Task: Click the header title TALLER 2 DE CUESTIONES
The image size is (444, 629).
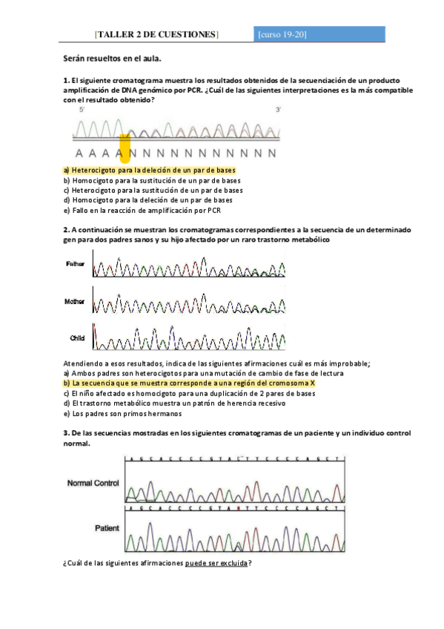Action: coord(156,34)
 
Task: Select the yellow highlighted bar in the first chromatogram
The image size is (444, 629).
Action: coord(125,148)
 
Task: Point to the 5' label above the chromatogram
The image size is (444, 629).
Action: coord(82,110)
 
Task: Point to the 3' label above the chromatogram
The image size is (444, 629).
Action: coord(278,110)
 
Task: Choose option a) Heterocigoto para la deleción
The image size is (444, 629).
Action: coord(150,170)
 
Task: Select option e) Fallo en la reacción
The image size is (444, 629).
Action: coord(142,209)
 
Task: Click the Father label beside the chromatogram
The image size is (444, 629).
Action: coord(76,264)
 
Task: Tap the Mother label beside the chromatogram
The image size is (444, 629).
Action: coord(76,302)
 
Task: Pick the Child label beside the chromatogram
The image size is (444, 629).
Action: coord(77,338)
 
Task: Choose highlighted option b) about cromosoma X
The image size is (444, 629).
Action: coord(190,383)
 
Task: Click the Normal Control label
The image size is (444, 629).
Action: coord(93,483)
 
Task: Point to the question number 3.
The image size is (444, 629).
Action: coord(66,433)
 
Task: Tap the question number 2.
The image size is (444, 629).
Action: coord(66,230)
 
